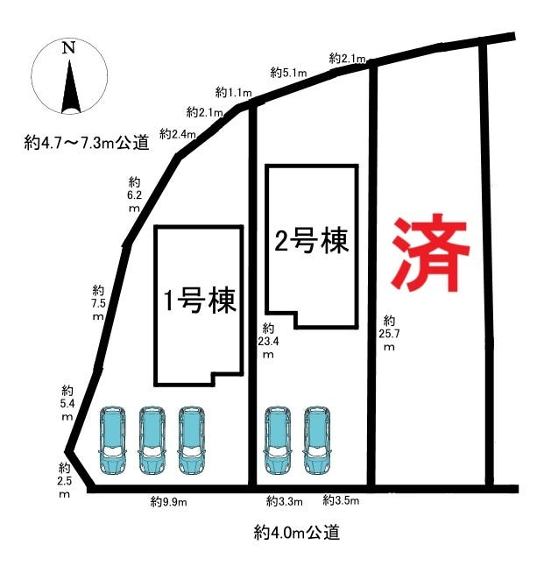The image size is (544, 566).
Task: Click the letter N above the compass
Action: (x=67, y=49)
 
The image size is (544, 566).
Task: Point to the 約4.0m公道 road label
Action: (x=296, y=531)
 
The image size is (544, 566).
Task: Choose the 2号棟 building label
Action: (x=312, y=241)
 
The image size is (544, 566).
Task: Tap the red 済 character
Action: (x=430, y=254)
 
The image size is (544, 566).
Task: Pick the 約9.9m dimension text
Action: (x=168, y=502)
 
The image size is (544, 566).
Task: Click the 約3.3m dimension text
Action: (x=284, y=502)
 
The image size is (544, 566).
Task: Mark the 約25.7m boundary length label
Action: (x=391, y=333)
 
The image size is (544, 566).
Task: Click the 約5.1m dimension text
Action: (x=288, y=73)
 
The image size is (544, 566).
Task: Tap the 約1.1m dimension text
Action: (x=233, y=92)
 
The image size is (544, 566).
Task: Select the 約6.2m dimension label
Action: (x=135, y=195)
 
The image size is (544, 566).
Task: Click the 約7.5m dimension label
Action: (x=99, y=302)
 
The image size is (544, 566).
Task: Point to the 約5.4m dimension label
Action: (x=67, y=402)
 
